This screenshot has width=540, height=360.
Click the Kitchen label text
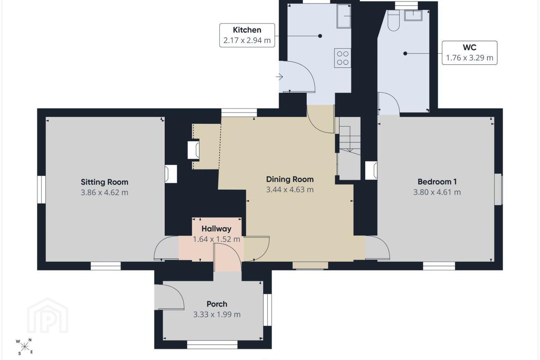pos(247,30)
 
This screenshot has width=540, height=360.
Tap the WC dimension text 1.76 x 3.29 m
pos(469,58)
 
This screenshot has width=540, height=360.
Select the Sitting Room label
pos(104,182)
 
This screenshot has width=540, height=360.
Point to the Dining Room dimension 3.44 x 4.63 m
pos(290,190)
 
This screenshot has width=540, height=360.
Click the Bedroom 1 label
pos(437,182)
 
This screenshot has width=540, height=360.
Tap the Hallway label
pos(216,229)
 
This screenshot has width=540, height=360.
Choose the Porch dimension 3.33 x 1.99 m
pos(217,315)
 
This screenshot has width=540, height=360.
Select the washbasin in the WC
pos(413,15)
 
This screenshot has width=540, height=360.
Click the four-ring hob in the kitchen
pos(343,58)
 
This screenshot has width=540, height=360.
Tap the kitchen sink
pos(344,16)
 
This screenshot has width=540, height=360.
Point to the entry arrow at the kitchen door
pos(279,77)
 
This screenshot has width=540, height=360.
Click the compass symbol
pos(24,347)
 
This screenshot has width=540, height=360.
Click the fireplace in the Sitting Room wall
pos(171,174)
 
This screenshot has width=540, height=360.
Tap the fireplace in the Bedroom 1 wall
pos(371,171)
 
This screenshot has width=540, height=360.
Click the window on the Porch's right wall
pos(267,310)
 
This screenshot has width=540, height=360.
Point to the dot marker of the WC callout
pos(405,54)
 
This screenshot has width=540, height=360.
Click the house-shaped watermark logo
pos(48,315)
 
